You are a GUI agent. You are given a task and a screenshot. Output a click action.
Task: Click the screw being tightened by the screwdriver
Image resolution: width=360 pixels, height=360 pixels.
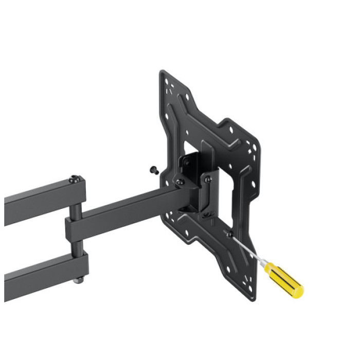click(229, 234)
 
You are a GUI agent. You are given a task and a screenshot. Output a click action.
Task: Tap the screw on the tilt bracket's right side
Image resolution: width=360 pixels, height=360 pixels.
click(207, 178)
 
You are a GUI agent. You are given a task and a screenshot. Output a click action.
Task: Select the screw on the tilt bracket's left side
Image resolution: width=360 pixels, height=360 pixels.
click(179, 182)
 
